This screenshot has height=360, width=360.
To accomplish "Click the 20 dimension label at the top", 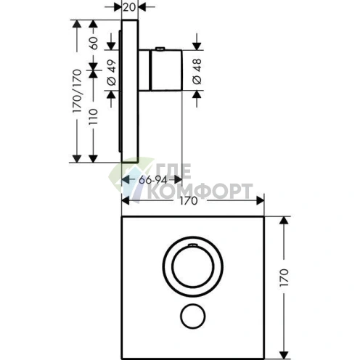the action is (129, 7).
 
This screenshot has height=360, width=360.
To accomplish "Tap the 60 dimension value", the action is (94, 43).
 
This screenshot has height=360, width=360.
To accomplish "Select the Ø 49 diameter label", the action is (112, 73).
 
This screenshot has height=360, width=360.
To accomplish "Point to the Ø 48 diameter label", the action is (197, 71).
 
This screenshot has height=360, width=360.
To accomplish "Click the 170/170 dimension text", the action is (77, 91).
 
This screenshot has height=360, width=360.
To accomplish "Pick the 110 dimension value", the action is (94, 117).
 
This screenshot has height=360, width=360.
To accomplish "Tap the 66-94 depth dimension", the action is (153, 180).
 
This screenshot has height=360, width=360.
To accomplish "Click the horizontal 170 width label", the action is (189, 201).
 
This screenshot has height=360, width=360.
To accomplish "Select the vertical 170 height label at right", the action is (284, 277).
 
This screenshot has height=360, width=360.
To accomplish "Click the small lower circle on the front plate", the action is (193, 316).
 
